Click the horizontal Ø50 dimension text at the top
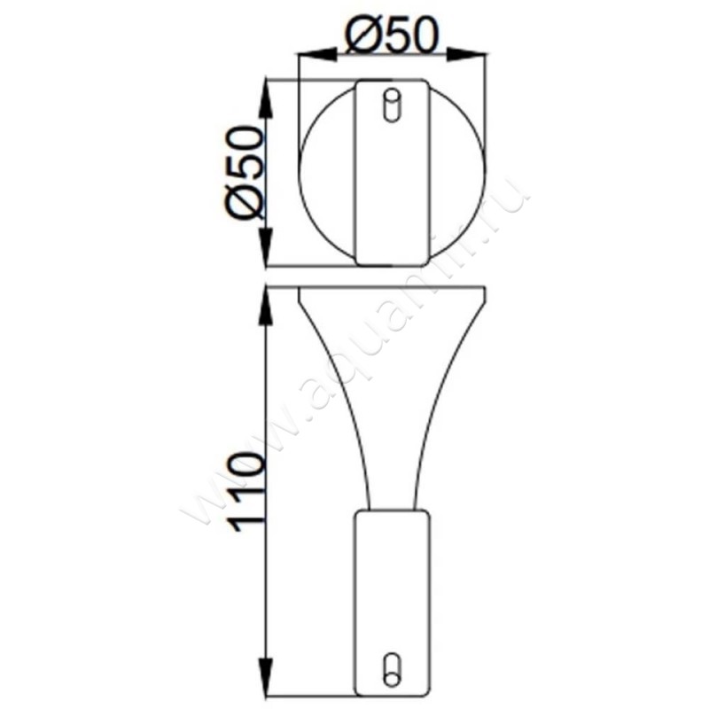392,37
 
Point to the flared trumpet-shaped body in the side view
391,390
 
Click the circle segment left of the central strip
328,173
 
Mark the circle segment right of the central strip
456,173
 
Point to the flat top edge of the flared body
391,288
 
